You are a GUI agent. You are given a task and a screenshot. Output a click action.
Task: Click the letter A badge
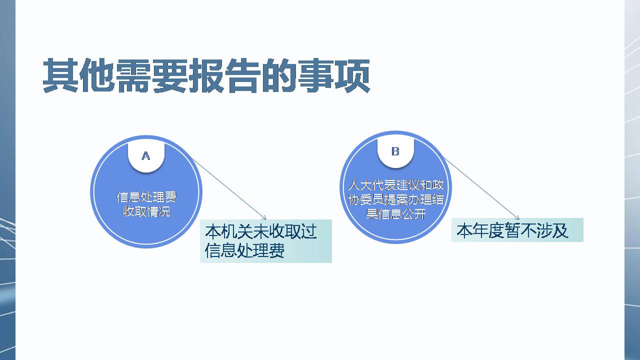[x=146, y=156]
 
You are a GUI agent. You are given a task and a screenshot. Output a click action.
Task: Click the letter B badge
[x=395, y=151]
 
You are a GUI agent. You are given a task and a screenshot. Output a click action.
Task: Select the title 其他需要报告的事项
[x=206, y=76]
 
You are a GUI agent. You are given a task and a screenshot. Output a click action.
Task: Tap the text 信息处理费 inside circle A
[x=146, y=197]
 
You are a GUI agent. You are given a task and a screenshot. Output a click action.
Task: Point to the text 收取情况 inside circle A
[x=146, y=211]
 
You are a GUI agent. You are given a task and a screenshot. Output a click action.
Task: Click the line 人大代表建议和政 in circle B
[x=396, y=186]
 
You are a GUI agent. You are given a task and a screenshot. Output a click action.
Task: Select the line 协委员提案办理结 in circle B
[x=396, y=200]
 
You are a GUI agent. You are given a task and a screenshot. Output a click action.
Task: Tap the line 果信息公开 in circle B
[x=396, y=215]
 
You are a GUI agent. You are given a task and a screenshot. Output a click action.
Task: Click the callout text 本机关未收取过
[x=261, y=231]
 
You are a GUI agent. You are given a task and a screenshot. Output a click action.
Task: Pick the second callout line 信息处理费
[x=245, y=250]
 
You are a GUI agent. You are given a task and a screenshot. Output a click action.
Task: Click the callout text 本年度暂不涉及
[x=512, y=230]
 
